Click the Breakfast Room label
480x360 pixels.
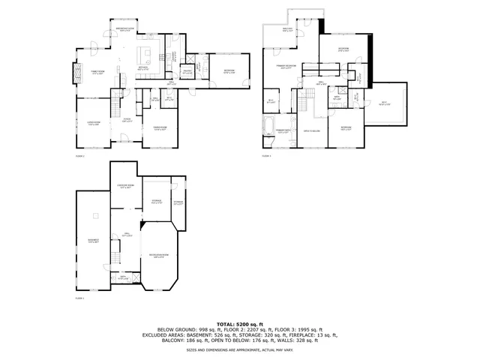pos(125,29)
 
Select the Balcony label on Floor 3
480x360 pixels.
pos(287,30)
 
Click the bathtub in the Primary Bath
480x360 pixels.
pos(269,124)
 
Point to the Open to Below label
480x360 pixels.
pos(312,131)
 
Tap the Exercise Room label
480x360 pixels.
pos(125,187)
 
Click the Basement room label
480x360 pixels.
pos(93,241)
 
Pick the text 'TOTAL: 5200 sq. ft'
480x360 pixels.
pos(239,323)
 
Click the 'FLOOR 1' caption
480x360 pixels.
pos(79,298)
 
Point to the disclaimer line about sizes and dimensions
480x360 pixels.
pos(239,349)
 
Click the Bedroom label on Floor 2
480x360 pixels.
pos(229,72)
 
